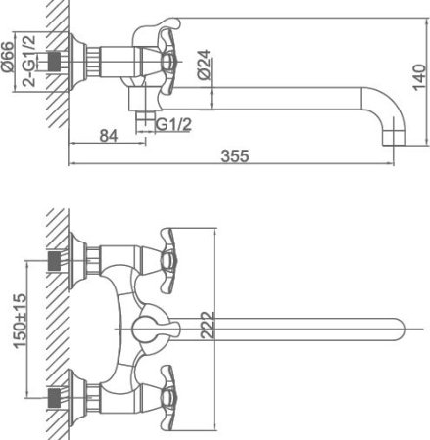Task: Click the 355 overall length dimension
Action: [235, 155]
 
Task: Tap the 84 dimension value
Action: [109, 136]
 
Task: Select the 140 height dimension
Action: [419, 77]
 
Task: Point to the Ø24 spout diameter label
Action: [204, 65]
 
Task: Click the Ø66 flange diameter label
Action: [8, 57]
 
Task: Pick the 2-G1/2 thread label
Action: [29, 61]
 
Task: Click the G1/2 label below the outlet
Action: [173, 124]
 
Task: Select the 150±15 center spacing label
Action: [20, 321]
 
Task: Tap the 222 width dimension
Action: [207, 326]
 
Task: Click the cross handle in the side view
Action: [167, 62]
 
